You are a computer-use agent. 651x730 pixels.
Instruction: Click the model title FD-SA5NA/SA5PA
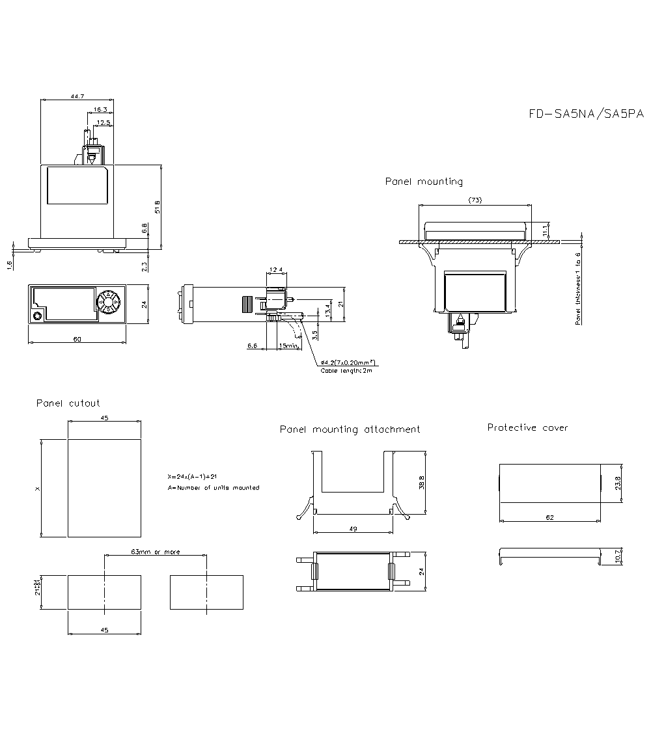tap(586, 114)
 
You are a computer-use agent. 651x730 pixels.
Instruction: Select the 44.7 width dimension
tap(77, 96)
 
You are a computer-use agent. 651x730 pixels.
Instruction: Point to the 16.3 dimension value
tap(100, 109)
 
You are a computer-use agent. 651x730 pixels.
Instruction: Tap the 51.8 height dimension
tap(157, 206)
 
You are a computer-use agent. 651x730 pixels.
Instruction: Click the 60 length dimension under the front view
tap(77, 339)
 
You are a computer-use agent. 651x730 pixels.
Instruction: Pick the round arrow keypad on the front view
tap(107, 302)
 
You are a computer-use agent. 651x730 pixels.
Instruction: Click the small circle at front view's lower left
tap(37, 316)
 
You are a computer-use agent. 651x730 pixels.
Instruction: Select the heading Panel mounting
tap(424, 182)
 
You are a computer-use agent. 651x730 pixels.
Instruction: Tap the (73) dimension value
tap(475, 200)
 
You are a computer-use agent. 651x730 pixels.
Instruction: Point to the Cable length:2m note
tap(346, 370)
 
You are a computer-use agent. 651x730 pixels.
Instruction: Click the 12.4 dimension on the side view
tap(276, 270)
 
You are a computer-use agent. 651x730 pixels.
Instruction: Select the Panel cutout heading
tap(68, 403)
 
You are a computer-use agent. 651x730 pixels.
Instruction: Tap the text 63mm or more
tap(156, 552)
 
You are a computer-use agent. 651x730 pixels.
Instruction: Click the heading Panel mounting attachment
tap(350, 429)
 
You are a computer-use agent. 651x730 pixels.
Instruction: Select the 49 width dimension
tap(353, 529)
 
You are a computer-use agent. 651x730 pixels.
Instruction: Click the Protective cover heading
tap(527, 427)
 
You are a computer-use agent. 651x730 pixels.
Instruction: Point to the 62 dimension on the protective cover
tap(549, 517)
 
